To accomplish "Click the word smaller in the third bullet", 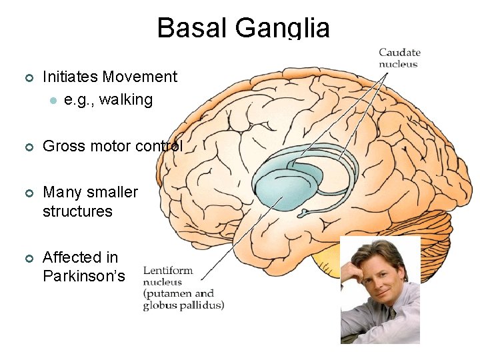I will click(x=111, y=193).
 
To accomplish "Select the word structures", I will click(x=77, y=212).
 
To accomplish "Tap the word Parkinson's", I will click(x=83, y=276).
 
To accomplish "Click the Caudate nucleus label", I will click(x=399, y=59).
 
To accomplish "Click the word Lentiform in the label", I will click(x=167, y=271).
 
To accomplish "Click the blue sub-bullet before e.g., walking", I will click(x=52, y=101).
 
